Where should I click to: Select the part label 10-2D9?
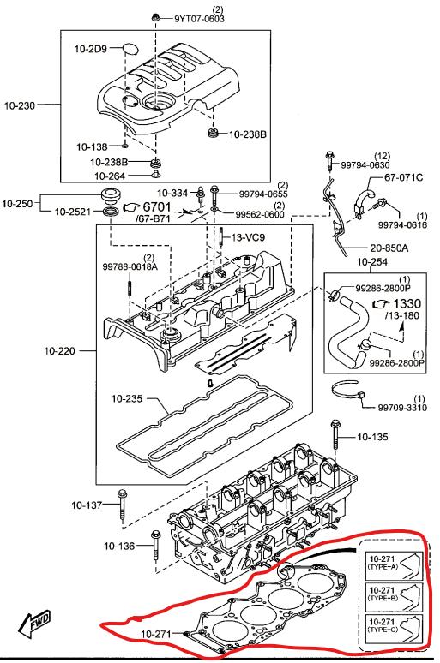point(90,49)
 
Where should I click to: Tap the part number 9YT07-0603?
point(200,19)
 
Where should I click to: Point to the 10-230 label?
point(20,105)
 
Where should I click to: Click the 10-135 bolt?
point(335,434)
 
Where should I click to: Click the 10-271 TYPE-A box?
point(394,564)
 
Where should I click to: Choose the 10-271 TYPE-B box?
point(394,596)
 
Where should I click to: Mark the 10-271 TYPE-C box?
point(394,628)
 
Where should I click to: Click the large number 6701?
point(157,207)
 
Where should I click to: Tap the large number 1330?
point(407,303)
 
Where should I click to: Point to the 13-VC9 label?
point(248,237)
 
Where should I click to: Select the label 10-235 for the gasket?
point(127,398)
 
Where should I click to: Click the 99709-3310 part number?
point(402,408)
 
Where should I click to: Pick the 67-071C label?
point(404,177)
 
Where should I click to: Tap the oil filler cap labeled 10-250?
point(111,197)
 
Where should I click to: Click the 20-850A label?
point(389,248)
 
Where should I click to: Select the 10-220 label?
point(59,350)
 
